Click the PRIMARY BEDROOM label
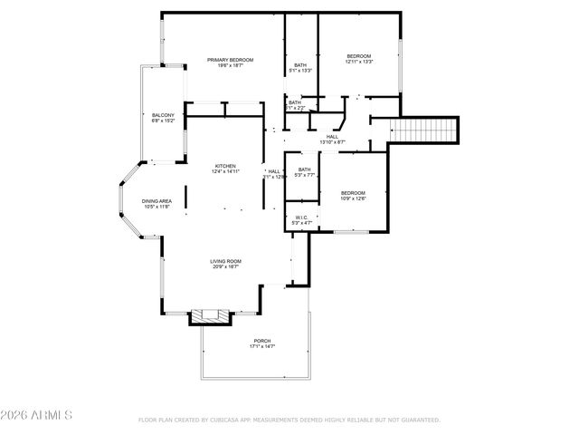[x=229, y=60]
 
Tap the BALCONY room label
[x=163, y=115]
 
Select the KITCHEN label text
[x=225, y=166]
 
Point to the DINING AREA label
[x=156, y=200]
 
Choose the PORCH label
[x=262, y=341]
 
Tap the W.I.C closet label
[x=302, y=217]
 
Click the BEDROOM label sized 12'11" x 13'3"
[x=359, y=56]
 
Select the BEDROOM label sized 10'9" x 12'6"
[x=353, y=192]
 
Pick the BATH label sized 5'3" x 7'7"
[x=305, y=169]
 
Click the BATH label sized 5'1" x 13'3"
[x=299, y=64]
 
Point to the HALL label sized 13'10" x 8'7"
[x=332, y=137]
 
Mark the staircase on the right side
[x=425, y=130]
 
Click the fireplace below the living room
[x=212, y=316]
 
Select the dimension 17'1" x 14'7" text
[x=262, y=347]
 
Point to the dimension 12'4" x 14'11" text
[x=225, y=172]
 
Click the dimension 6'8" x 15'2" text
[x=163, y=121]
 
